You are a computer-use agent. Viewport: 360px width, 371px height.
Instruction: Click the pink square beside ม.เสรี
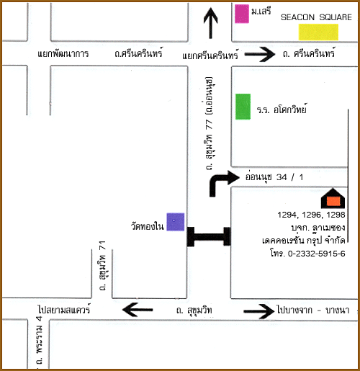(242, 14)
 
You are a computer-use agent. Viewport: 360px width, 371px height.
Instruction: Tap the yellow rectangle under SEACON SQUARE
(318, 32)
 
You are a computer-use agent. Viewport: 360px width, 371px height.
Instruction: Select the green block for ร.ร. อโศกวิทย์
(243, 107)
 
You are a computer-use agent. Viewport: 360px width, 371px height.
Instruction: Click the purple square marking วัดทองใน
(176, 222)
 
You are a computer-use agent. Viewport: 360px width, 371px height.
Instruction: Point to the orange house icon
(333, 199)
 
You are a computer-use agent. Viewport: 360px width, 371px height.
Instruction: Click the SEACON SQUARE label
(316, 17)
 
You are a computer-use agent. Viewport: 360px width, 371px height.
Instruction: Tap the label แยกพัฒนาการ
(63, 53)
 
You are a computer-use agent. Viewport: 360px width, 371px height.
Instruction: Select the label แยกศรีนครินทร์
(210, 55)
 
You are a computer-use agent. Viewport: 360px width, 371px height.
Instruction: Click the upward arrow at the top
(211, 23)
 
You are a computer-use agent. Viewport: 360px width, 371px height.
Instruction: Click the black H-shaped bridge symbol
(209, 237)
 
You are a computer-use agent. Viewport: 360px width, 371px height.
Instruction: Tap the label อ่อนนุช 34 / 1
(274, 177)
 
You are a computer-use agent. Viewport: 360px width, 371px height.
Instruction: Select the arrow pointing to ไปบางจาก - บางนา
(258, 311)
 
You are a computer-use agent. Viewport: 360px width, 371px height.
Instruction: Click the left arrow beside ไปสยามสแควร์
(138, 310)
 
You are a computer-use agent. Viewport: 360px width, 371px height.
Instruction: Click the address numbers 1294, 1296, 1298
(311, 215)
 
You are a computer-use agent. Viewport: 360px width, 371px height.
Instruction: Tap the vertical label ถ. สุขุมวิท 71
(102, 265)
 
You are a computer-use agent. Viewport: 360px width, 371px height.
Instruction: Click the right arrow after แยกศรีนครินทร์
(260, 55)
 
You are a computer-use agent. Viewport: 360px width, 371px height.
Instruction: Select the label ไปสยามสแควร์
(64, 309)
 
